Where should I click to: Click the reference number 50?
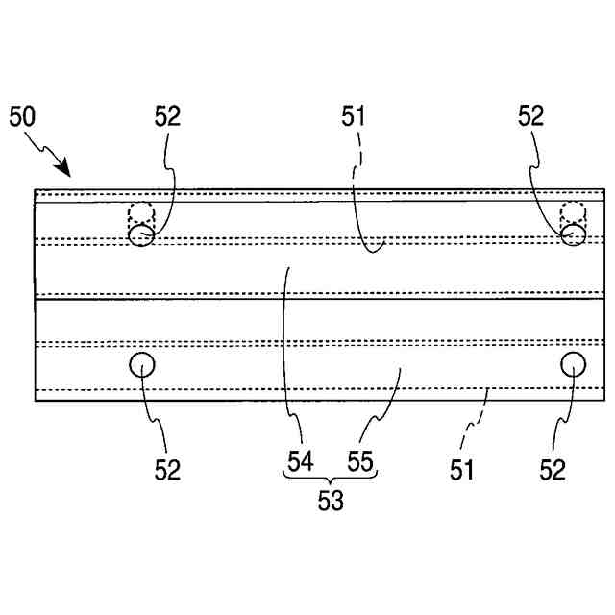tap(23, 118)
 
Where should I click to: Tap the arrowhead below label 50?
tap(64, 170)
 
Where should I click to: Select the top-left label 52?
tap(167, 117)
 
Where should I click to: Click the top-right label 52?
tap(530, 117)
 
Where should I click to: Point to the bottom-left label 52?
tap(167, 470)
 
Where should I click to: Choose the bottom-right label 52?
tap(552, 470)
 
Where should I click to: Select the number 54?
tap(300, 461)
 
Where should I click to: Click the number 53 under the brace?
tap(330, 500)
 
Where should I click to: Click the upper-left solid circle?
tap(141, 234)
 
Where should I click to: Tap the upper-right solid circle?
tap(574, 234)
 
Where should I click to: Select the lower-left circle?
tap(142, 365)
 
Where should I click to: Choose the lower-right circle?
tap(574, 365)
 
